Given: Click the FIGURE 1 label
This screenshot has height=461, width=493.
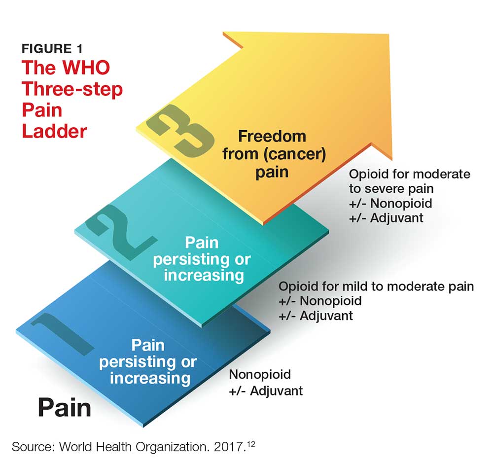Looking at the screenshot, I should click(x=52, y=49).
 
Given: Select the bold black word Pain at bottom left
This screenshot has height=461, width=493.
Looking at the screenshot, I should click(x=65, y=408).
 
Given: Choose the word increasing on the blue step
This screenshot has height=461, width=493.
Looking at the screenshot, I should click(x=150, y=378).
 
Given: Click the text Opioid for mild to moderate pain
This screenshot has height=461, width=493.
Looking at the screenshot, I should click(x=376, y=286).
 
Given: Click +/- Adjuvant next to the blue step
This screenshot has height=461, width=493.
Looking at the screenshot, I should click(x=266, y=391).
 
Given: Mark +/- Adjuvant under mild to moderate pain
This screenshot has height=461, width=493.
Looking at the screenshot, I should click(x=316, y=316).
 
